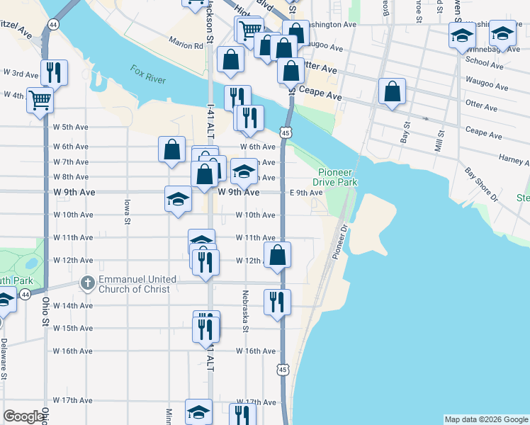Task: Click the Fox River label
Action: [x=148, y=74]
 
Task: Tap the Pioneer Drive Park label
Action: [x=337, y=177]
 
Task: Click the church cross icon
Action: [x=87, y=283]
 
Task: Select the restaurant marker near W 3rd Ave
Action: [x=53, y=72]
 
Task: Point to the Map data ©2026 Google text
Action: [x=485, y=419]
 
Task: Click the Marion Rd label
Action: [x=186, y=44]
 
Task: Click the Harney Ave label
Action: [x=513, y=159]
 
